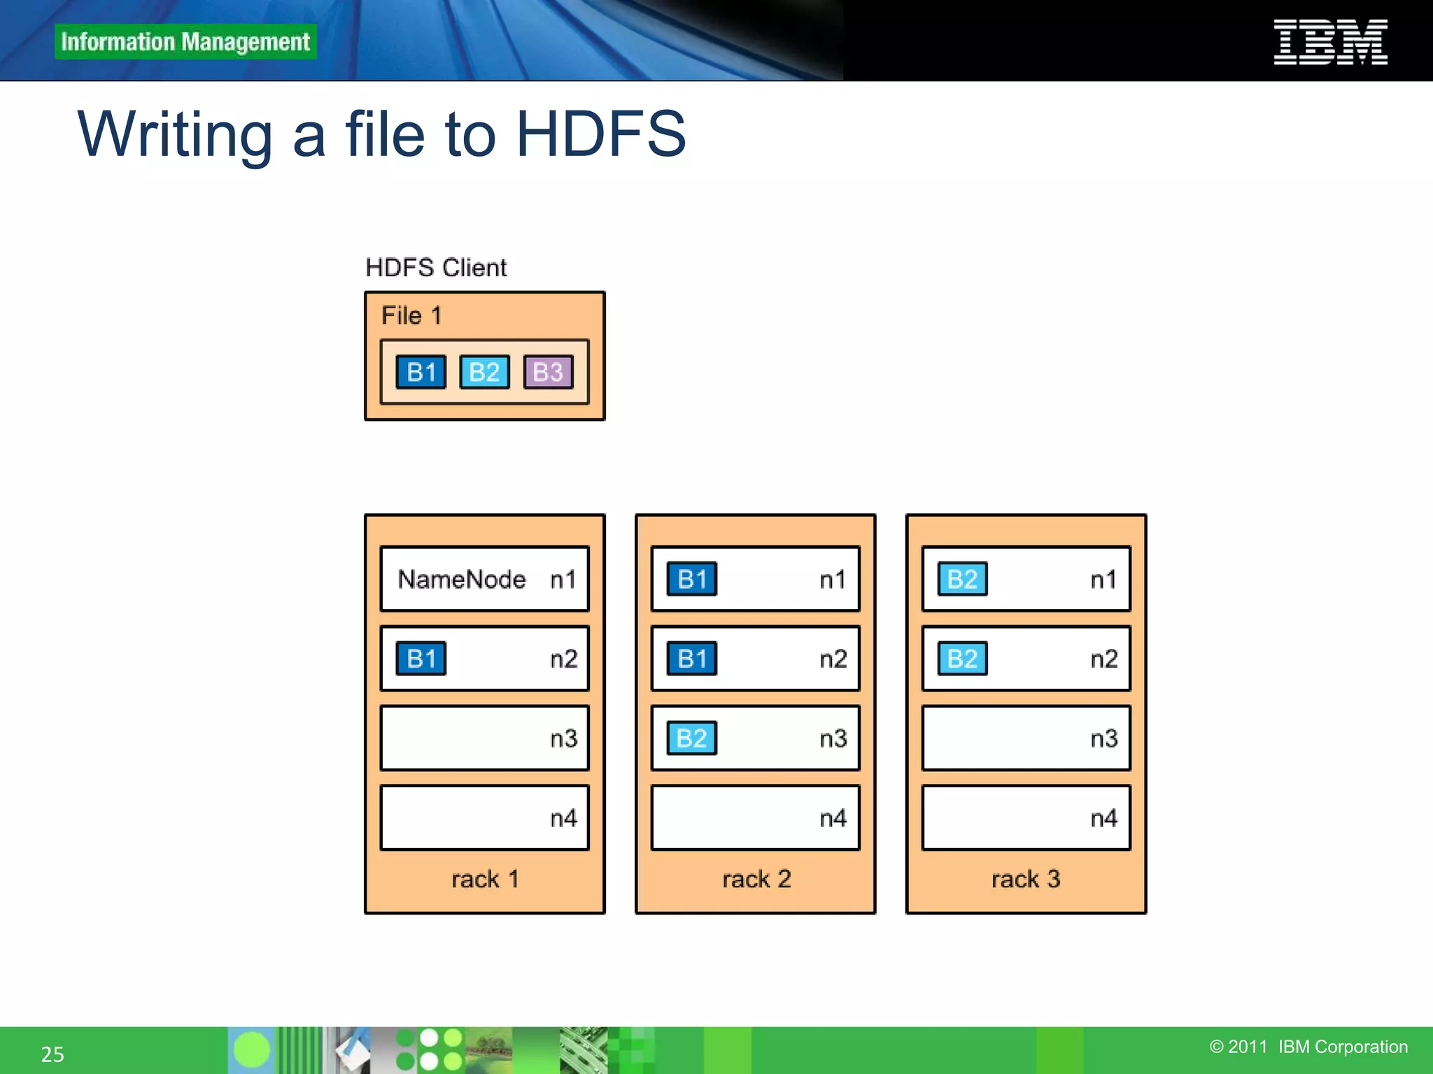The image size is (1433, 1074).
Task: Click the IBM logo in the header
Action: tap(1330, 42)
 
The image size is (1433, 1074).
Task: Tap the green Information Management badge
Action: tap(185, 42)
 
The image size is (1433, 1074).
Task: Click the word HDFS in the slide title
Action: tap(600, 134)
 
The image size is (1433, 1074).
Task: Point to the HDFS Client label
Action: tap(436, 268)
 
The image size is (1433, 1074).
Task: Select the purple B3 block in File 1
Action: tap(548, 372)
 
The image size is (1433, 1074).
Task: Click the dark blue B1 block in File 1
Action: tap(421, 372)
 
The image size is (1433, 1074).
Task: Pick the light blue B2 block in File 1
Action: tap(484, 372)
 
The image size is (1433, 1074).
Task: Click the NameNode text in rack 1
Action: tap(462, 580)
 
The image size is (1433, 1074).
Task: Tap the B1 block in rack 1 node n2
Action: tap(421, 659)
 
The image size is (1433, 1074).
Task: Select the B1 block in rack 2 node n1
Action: tap(692, 580)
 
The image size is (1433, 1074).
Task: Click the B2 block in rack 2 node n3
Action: tap(692, 738)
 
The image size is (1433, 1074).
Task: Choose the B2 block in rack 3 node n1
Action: tap(963, 580)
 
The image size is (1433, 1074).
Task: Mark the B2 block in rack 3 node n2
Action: tap(963, 659)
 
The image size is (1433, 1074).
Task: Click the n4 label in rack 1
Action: tap(563, 818)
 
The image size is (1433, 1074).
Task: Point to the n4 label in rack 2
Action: tap(833, 818)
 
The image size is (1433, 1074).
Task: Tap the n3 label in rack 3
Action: tap(1104, 738)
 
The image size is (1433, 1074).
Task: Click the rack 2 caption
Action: tap(756, 879)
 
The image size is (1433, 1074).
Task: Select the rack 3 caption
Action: tap(1026, 879)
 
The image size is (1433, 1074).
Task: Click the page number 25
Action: tap(52, 1054)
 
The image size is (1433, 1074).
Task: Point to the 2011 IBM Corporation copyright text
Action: tap(1308, 1047)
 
